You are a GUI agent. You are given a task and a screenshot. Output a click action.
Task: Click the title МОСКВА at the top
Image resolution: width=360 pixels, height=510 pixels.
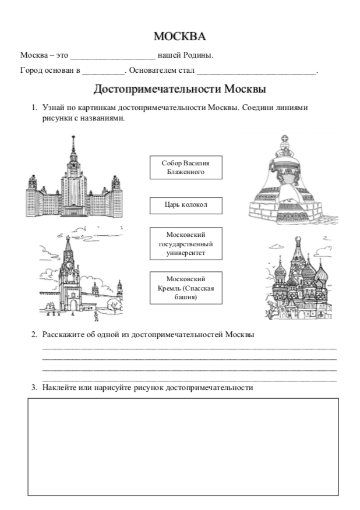[179, 37]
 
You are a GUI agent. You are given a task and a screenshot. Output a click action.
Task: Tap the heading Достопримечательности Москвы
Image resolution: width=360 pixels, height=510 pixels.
[179, 90]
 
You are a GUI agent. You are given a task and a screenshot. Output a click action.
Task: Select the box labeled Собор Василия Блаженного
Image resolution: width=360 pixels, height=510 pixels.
[185, 168]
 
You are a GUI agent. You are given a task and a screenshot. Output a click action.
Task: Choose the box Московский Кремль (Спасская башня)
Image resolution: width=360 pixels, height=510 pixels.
[185, 287]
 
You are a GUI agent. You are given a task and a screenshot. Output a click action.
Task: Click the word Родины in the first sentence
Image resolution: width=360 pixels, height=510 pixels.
[199, 56]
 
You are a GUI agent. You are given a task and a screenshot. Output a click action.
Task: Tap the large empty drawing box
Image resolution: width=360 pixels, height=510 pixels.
[183, 446]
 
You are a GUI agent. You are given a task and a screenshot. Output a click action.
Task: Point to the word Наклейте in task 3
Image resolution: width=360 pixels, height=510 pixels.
[59, 387]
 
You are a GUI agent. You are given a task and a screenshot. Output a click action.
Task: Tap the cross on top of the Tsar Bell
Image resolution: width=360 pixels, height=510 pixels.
[285, 140]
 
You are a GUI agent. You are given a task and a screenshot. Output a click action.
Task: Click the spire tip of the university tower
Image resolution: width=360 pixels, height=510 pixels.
[74, 137]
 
